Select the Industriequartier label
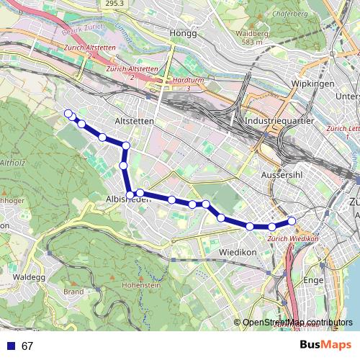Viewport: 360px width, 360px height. coord(279,122)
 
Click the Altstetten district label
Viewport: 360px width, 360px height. coord(134,122)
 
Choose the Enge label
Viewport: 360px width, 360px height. coord(315,279)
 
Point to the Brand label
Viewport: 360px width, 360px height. coord(74,292)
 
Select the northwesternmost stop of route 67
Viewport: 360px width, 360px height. coord(68,113)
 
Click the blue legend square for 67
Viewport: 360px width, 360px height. coord(10,346)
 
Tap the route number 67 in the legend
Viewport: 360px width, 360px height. coord(27,346)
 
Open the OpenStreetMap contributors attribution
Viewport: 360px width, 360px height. coord(297,323)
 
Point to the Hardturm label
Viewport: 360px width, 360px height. coord(181,80)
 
